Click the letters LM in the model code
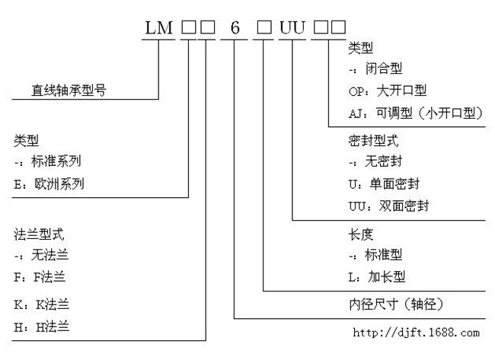pyautogui.click(x=159, y=27)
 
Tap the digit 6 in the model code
pyautogui.click(x=235, y=27)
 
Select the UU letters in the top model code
pyautogui.click(x=292, y=27)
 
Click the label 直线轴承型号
pyautogui.click(x=69, y=91)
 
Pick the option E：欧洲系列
pyautogui.click(x=49, y=184)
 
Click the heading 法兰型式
pyautogui.click(x=39, y=234)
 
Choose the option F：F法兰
pyautogui.click(x=40, y=277)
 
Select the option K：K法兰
pyautogui.click(x=41, y=304)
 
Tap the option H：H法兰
pyautogui.click(x=41, y=327)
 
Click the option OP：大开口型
pyautogui.click(x=388, y=91)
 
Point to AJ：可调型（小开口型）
pyautogui.click(x=416, y=113)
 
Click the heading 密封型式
pyautogui.click(x=373, y=141)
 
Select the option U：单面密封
pyautogui.click(x=384, y=184)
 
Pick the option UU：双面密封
pyautogui.click(x=388, y=206)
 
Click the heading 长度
pyautogui.click(x=361, y=234)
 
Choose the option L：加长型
pyautogui.click(x=377, y=277)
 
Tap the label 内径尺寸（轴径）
pyautogui.click(x=396, y=304)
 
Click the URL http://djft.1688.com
pyautogui.click(x=416, y=333)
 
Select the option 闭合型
pyautogui.click(x=384, y=68)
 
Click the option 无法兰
pyautogui.click(x=49, y=255)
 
